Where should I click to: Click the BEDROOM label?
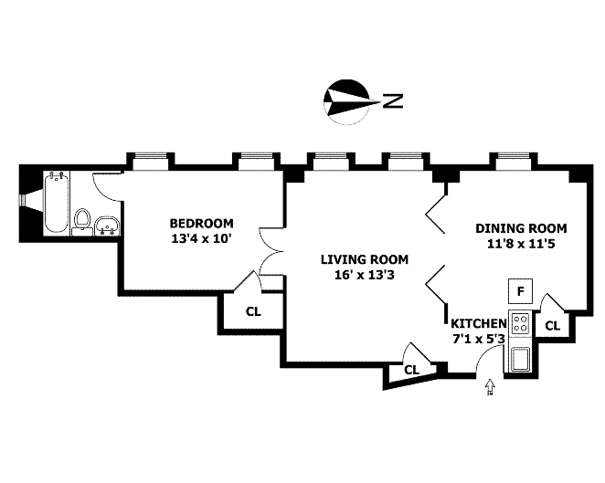point(201,223)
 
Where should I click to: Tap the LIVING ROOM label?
point(364,258)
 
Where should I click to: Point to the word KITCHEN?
point(478,324)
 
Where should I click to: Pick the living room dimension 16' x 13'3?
point(364,275)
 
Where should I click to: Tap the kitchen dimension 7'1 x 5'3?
point(478,340)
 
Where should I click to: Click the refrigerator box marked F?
point(520,291)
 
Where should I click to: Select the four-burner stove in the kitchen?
point(520,323)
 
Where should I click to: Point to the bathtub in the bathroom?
point(54,202)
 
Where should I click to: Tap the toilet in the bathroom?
point(82,219)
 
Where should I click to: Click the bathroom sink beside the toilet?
point(109,224)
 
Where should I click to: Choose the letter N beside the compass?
point(393,100)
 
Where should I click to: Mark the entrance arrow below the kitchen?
point(490,387)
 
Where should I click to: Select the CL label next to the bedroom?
point(252,310)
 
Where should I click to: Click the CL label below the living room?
point(411,370)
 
